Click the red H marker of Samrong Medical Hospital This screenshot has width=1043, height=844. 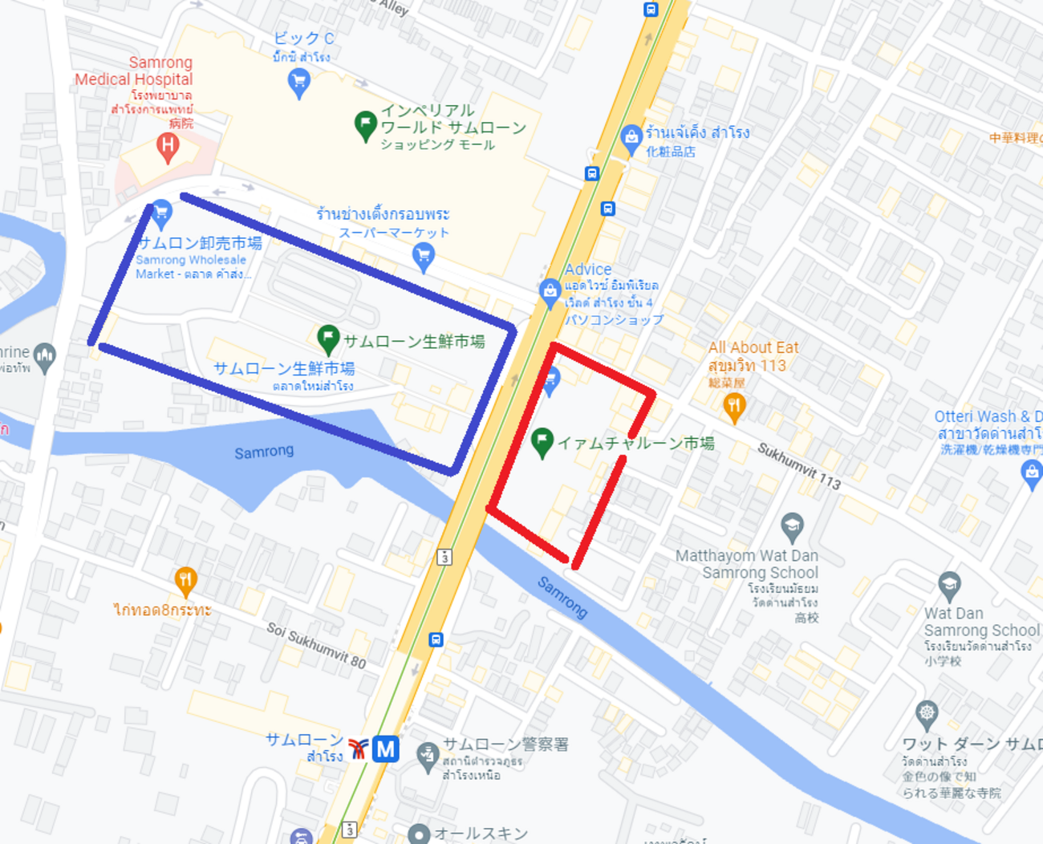point(168,147)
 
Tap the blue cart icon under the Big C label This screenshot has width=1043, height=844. point(299,81)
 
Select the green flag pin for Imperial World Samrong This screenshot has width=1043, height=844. point(366,125)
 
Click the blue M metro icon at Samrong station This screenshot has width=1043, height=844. point(386,749)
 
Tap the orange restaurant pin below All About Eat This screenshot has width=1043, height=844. point(734,406)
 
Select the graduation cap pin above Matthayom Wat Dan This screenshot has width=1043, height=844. point(792,526)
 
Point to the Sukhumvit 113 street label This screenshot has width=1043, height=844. point(799,466)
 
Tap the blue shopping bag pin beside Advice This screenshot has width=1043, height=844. point(550,291)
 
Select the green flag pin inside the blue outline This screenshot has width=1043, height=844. point(327,338)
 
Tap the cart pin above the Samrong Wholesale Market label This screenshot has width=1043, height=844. point(161,213)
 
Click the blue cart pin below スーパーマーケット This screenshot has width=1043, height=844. point(423,256)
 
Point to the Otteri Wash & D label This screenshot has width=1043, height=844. point(988,416)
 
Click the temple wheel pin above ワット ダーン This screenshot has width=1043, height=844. point(927,712)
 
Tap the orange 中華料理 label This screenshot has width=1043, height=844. point(1015,138)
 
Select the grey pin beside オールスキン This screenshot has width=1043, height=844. point(419,834)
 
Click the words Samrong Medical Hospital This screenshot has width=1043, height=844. point(134,71)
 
